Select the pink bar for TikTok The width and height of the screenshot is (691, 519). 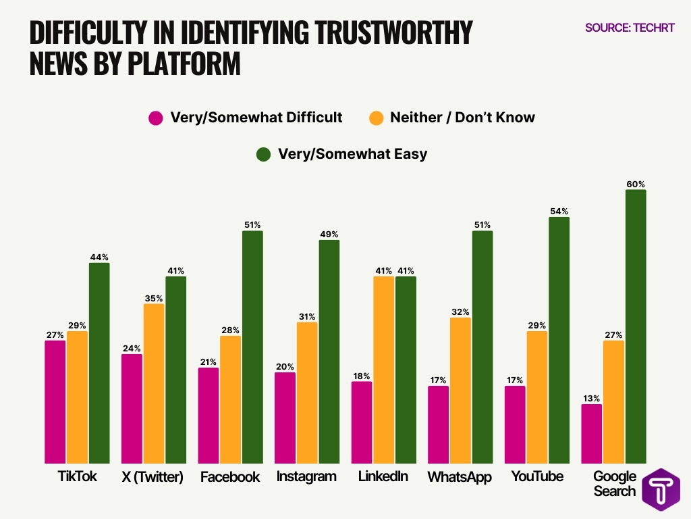pyautogui.click(x=55, y=401)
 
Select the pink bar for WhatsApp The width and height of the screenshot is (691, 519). pyautogui.click(x=438, y=424)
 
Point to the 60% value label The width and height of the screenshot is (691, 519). pyautogui.click(x=636, y=184)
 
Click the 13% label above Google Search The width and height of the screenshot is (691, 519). pyautogui.click(x=591, y=398)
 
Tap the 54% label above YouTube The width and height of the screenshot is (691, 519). pyautogui.click(x=559, y=211)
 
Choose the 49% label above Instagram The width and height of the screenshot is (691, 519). pyautogui.click(x=329, y=234)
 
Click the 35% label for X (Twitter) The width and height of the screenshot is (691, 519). pyautogui.click(x=154, y=297)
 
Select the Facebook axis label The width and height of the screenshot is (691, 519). pyautogui.click(x=230, y=477)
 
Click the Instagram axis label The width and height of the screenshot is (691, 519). pyautogui.click(x=306, y=476)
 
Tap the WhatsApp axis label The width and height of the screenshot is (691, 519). pyautogui.click(x=460, y=477)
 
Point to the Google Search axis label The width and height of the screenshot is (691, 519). pyautogui.click(x=615, y=484)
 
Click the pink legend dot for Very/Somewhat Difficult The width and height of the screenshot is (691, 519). pyautogui.click(x=156, y=118)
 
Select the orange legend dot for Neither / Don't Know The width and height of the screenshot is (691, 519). pyautogui.click(x=377, y=118)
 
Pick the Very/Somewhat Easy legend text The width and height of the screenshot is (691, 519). pyautogui.click(x=352, y=154)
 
